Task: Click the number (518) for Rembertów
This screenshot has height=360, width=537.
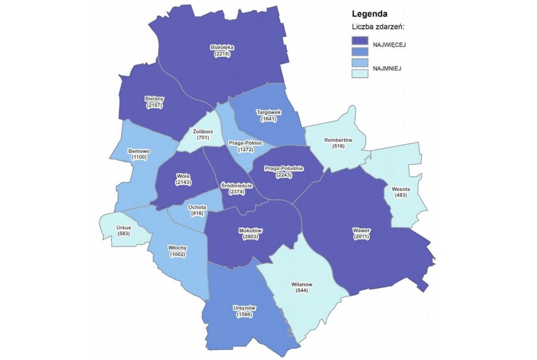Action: [338, 146]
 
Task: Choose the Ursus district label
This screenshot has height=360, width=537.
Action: [124, 227]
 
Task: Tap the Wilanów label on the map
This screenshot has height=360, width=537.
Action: [302, 284]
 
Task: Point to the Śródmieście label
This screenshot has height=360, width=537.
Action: [237, 186]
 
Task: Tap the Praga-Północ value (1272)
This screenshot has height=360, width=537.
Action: [245, 150]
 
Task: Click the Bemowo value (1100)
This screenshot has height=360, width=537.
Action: [139, 157]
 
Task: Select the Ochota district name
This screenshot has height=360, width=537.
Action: [198, 207]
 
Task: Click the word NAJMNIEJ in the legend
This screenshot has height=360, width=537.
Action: [387, 68]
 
